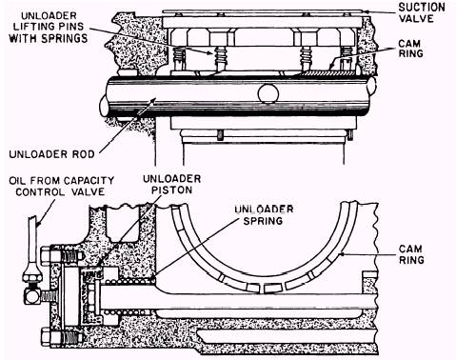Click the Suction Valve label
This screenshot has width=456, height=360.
pos(422,12)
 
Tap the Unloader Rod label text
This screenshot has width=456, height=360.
pos(51,154)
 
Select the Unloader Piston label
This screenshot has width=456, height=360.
pos(171,185)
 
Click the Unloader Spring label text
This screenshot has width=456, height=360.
pos(264,215)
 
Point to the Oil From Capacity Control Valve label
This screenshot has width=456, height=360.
pos(61,187)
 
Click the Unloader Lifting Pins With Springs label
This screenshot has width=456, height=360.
pos(49,28)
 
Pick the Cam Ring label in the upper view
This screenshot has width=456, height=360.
pos(411,49)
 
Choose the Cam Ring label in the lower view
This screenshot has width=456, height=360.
pos(411,254)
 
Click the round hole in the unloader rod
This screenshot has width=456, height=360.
pos(268,94)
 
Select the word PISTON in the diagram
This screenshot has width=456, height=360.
pos(171,190)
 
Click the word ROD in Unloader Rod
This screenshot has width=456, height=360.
pos(83,154)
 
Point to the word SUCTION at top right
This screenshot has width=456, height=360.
pos(422,8)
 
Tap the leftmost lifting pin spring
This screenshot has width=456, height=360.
pos(180,57)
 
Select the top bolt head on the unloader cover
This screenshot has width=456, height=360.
pos(46,254)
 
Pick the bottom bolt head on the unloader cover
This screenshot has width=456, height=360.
pos(46,336)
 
